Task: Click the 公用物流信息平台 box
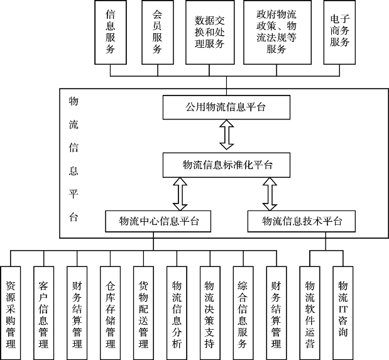[x=226, y=107]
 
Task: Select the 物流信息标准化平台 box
[x=227, y=165]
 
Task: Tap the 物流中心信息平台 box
[x=158, y=221]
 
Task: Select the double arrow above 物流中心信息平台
[x=181, y=194]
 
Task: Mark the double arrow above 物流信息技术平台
[x=270, y=194]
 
